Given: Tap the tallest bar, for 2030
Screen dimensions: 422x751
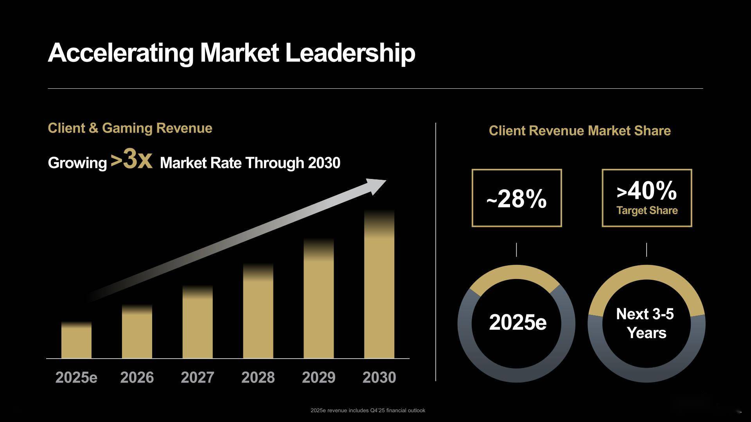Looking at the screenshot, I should click(x=379, y=285).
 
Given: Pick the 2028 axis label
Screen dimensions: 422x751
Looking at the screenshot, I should click(x=258, y=377).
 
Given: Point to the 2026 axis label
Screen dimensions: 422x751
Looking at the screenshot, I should click(x=137, y=377).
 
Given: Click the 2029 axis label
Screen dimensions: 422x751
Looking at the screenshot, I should click(x=318, y=377).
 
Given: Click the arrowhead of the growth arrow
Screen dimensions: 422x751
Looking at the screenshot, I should click(x=376, y=186).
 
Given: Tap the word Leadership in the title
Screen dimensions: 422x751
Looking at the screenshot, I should click(x=350, y=53).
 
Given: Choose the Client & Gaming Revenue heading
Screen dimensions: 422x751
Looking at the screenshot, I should click(x=130, y=128).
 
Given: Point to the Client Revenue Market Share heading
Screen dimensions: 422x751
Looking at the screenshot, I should click(x=580, y=131).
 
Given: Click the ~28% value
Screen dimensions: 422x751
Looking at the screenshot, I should click(x=516, y=199).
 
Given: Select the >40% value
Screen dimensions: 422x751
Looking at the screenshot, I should click(x=647, y=191).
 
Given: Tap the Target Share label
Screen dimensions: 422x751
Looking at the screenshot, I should click(x=647, y=211).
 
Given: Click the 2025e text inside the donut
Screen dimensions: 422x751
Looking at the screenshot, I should click(x=517, y=323).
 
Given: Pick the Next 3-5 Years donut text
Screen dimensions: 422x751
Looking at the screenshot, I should click(x=646, y=324).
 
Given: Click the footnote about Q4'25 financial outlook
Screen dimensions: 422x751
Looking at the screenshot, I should click(x=368, y=410).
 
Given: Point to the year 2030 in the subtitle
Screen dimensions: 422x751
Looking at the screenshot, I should click(x=324, y=163).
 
